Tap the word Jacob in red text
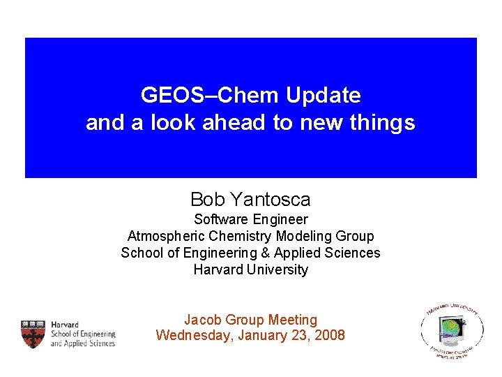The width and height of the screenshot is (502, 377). pyautogui.click(x=203, y=320)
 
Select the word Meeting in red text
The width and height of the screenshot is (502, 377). pyautogui.click(x=292, y=320)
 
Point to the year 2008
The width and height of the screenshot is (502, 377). pyautogui.click(x=328, y=335)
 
